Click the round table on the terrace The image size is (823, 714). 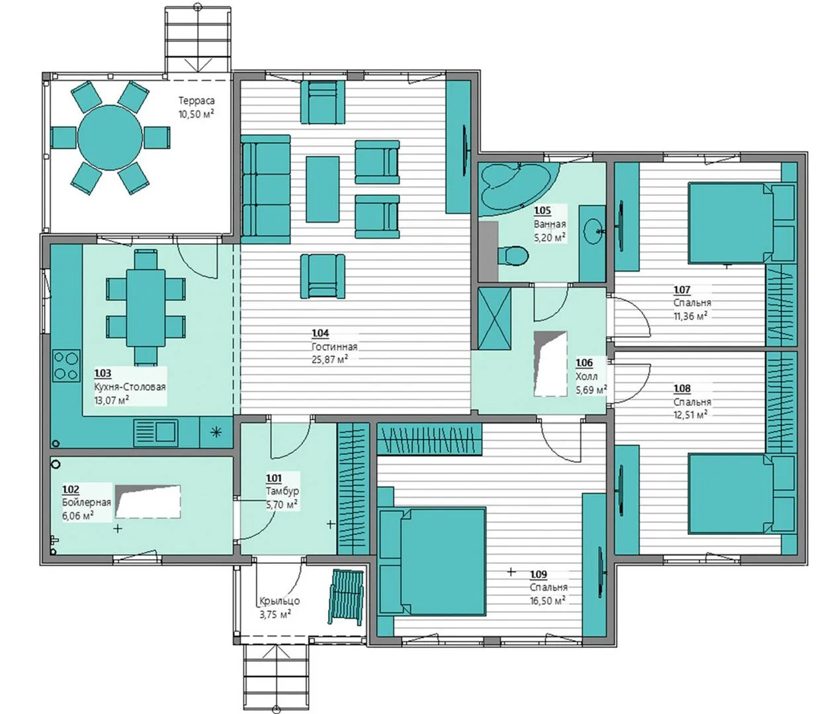click(110, 138)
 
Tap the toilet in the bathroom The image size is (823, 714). click(512, 256)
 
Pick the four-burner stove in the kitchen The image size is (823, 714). click(66, 365)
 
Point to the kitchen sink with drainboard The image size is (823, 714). click(155, 433)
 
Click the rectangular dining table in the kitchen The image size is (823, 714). click(146, 308)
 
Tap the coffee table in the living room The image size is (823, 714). click(322, 189)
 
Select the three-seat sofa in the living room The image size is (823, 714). click(265, 189)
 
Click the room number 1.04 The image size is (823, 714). click(320, 333)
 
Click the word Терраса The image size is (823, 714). click(196, 100)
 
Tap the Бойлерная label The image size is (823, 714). click(87, 502)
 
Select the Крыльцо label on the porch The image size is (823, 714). click(280, 601)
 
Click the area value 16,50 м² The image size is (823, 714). click(548, 601)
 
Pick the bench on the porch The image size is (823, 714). click(347, 597)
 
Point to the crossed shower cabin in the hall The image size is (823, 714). click(494, 319)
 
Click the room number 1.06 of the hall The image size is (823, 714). click(584, 363)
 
